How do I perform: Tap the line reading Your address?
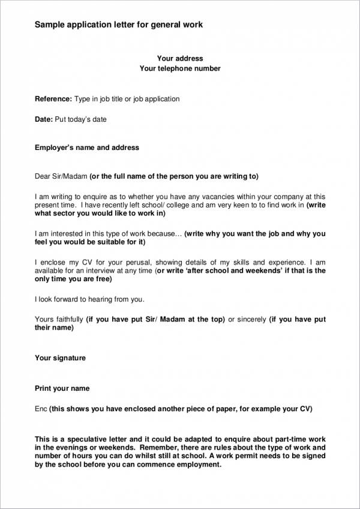(x=180, y=59)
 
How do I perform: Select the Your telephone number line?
(x=180, y=69)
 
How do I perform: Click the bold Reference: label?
(x=53, y=99)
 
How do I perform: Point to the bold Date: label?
(x=44, y=119)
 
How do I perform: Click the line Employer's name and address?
(x=87, y=147)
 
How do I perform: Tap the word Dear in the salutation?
(x=43, y=176)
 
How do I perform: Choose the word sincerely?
(x=251, y=320)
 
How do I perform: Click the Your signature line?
(x=60, y=358)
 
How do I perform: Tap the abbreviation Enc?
(x=41, y=409)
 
